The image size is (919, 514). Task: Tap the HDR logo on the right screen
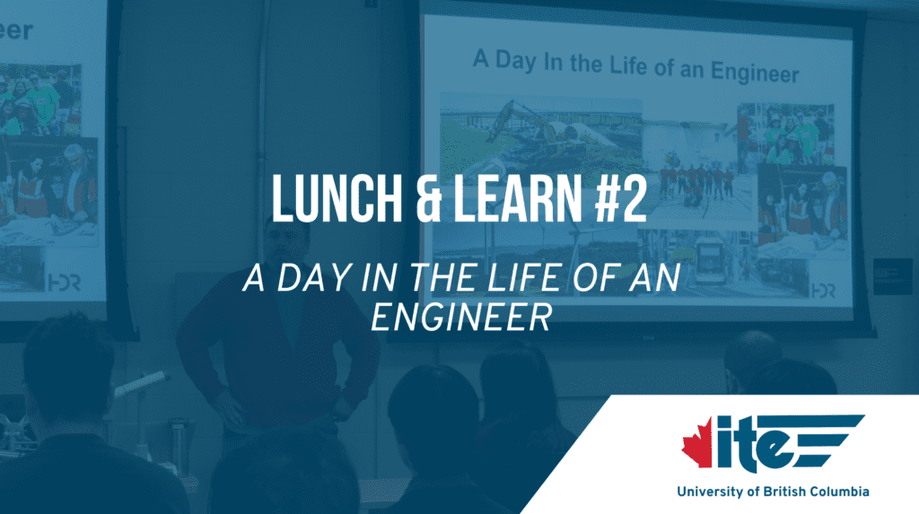click(822, 291)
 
